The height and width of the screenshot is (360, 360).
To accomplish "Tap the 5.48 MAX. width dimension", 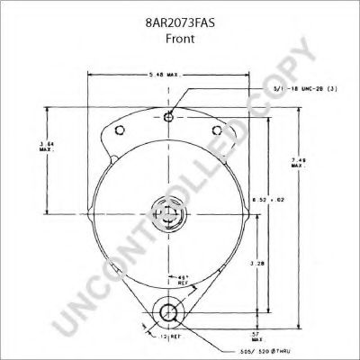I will (168, 73).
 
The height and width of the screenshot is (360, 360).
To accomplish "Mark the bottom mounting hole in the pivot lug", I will (167, 314).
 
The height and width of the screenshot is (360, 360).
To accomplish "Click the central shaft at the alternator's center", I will (167, 215).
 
